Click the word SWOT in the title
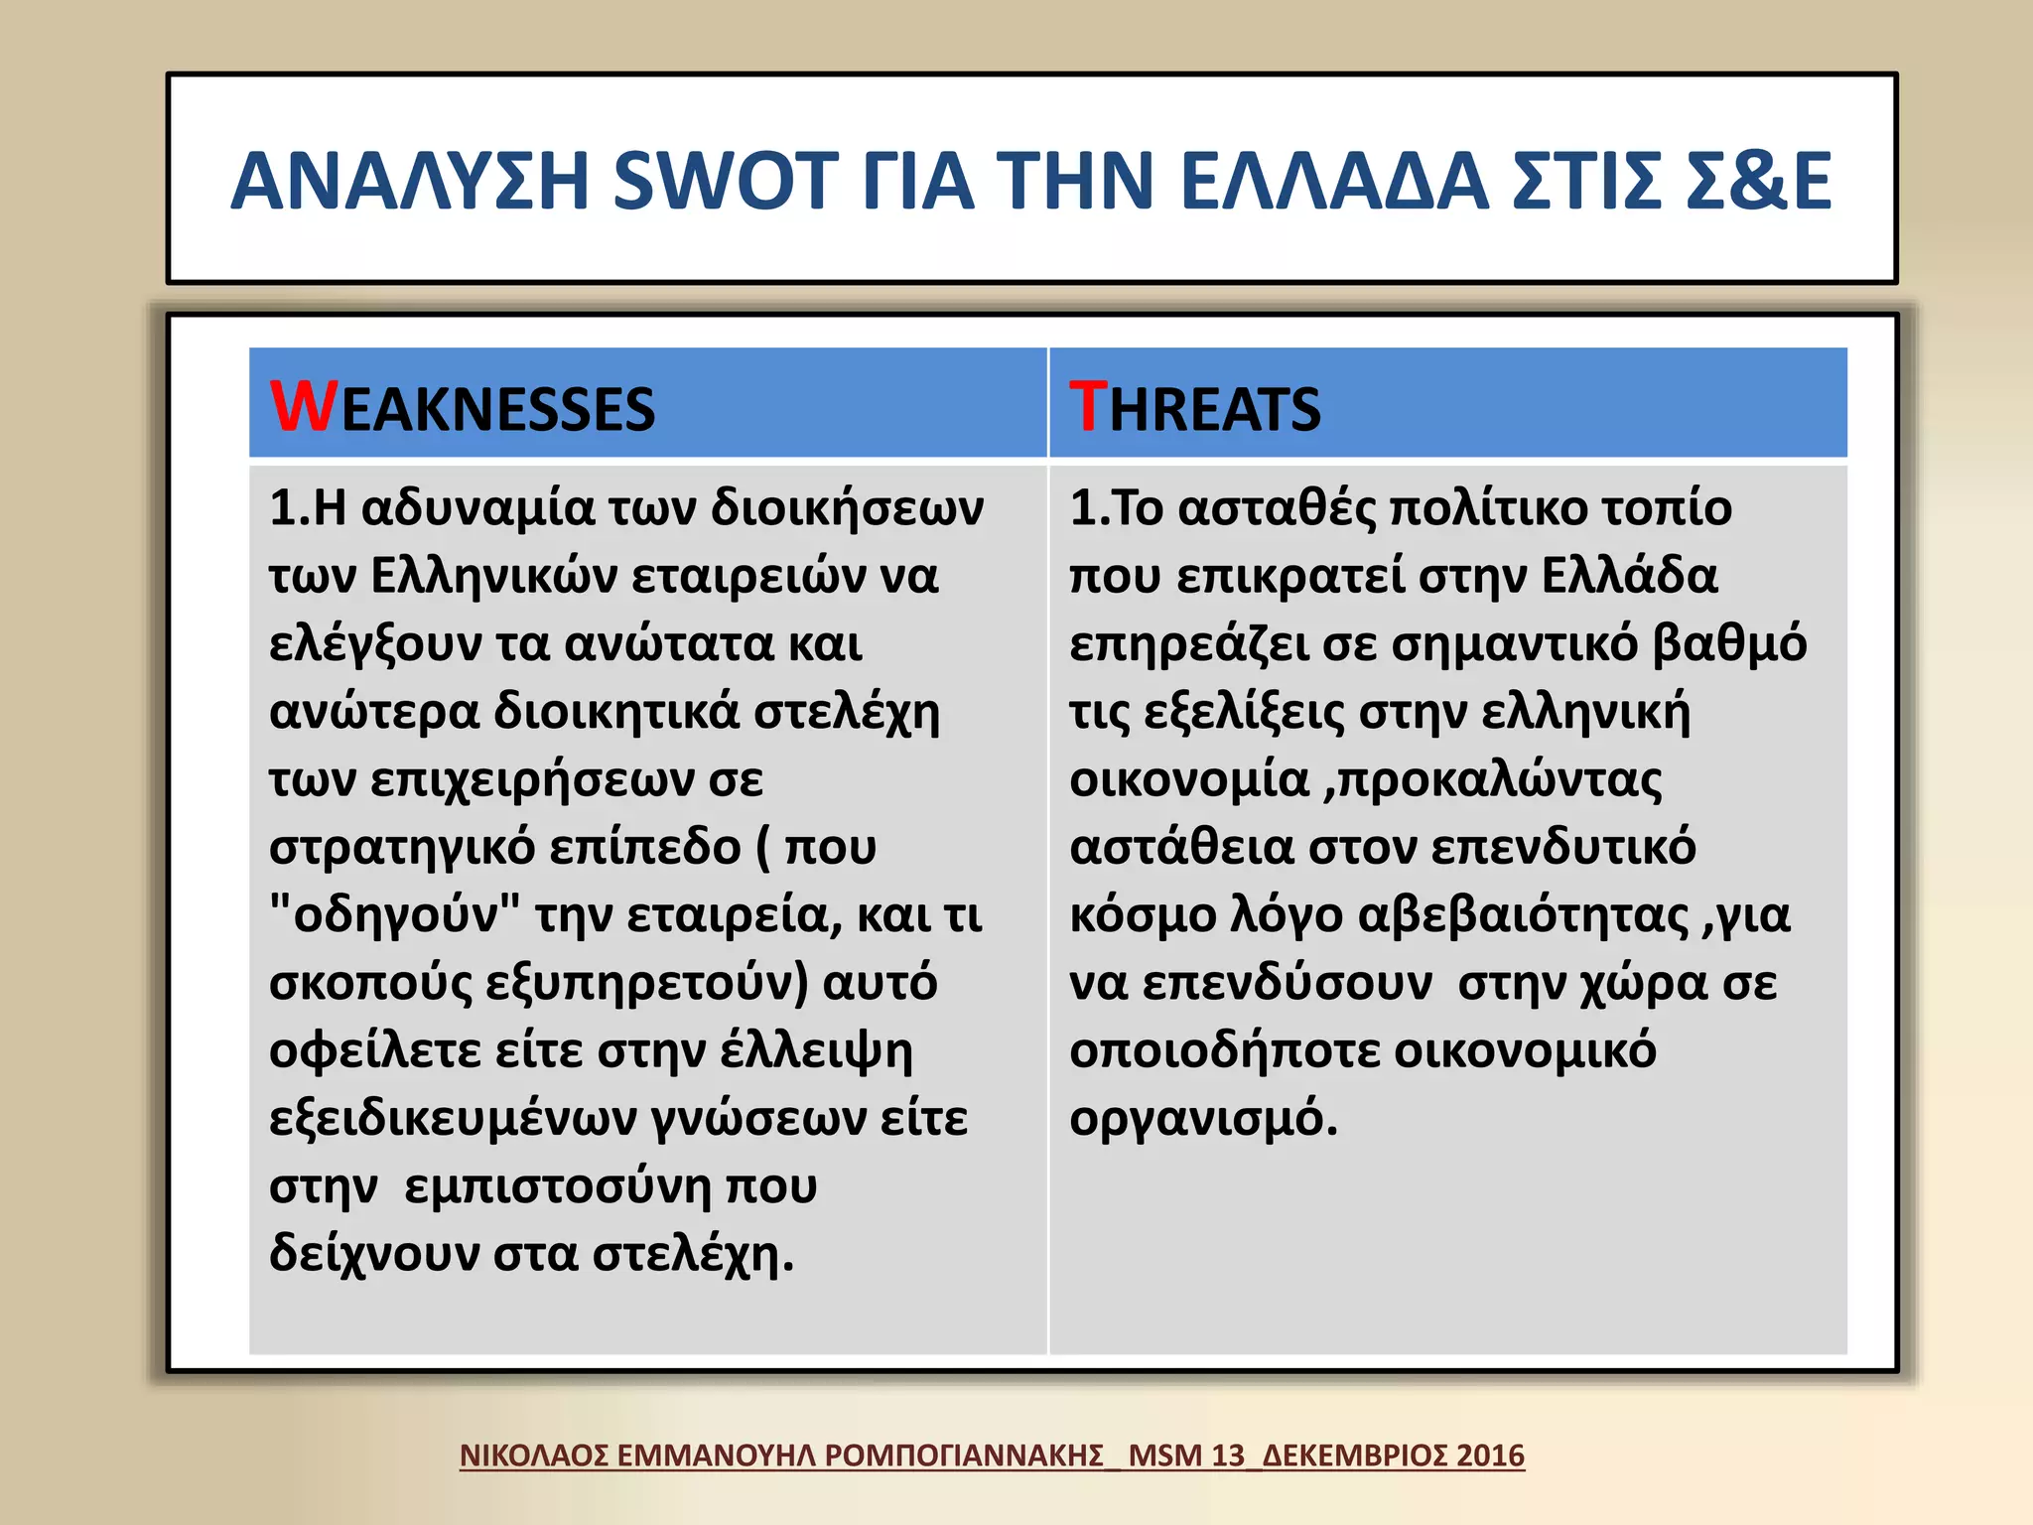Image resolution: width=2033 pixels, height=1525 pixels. point(726,182)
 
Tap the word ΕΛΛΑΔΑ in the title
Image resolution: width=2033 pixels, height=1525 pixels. point(1334,182)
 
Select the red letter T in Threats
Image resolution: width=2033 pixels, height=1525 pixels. point(1088,406)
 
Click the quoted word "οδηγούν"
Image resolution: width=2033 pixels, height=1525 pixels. point(394,914)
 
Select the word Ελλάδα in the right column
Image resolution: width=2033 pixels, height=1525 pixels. point(1629,576)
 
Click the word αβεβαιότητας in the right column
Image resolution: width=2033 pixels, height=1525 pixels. point(1522,914)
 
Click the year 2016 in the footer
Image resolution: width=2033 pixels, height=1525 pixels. point(1489,1456)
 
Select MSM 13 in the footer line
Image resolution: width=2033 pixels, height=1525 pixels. point(1185,1456)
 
